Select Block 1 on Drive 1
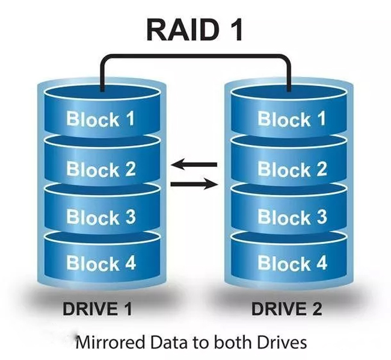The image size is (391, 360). pyautogui.click(x=100, y=119)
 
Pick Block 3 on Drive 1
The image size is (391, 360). pyautogui.click(x=100, y=217)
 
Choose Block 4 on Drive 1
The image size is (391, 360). pyautogui.click(x=100, y=263)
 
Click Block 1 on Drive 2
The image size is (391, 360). pyautogui.click(x=292, y=119)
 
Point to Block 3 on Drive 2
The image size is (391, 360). pyautogui.click(x=292, y=217)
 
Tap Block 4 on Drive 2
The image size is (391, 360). pyautogui.click(x=292, y=263)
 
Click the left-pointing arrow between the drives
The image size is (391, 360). pyautogui.click(x=194, y=164)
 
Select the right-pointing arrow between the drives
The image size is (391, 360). pyautogui.click(x=194, y=184)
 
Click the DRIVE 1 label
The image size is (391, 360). pyautogui.click(x=97, y=309)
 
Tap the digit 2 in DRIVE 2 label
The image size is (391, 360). pyautogui.click(x=315, y=309)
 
